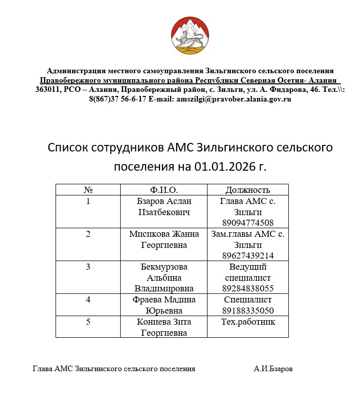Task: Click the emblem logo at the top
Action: [x=189, y=36]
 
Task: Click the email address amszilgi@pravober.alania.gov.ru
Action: [x=234, y=99]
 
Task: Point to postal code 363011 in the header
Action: [x=47, y=89]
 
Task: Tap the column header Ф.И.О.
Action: [x=164, y=190]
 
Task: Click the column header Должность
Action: [x=247, y=190]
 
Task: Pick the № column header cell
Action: [x=88, y=190]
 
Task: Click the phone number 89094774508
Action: [x=247, y=223]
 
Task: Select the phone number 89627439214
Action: [x=247, y=256]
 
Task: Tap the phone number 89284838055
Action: [x=247, y=288]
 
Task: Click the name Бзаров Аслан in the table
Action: [x=164, y=201]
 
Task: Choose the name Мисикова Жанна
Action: [x=164, y=234]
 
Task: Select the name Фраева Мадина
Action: [x=164, y=299]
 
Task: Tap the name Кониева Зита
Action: [x=164, y=322]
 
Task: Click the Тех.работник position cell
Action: [x=247, y=322]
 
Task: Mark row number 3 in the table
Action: [x=88, y=267]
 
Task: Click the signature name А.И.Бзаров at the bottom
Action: [x=273, y=369]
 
